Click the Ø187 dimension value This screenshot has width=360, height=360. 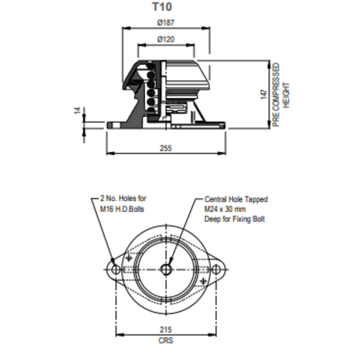(166, 23)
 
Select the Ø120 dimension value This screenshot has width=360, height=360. (166, 39)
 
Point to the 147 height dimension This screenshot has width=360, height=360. (263, 94)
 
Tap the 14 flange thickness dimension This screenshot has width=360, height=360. (78, 111)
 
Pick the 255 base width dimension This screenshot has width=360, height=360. (166, 148)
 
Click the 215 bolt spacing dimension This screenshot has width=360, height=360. (166, 329)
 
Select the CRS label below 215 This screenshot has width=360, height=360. (166, 340)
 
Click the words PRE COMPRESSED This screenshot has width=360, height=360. (276, 95)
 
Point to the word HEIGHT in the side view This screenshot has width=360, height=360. (287, 95)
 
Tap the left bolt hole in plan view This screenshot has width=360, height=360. (115, 269)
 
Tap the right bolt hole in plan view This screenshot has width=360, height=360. (217, 269)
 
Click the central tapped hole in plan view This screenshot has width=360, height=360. (166, 268)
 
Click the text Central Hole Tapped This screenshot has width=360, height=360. (236, 199)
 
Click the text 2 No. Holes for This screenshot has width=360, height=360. (123, 198)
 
